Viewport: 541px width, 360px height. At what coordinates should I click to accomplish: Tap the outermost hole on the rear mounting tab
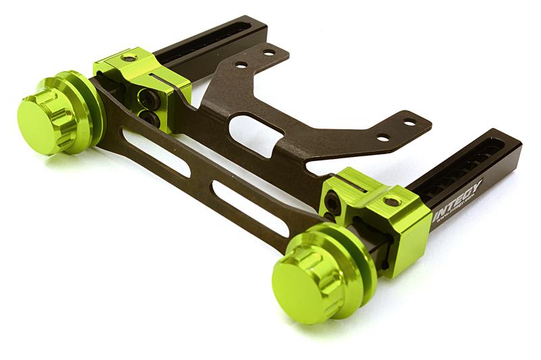[269, 52]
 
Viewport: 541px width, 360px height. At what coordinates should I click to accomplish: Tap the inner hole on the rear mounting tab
[241, 66]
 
